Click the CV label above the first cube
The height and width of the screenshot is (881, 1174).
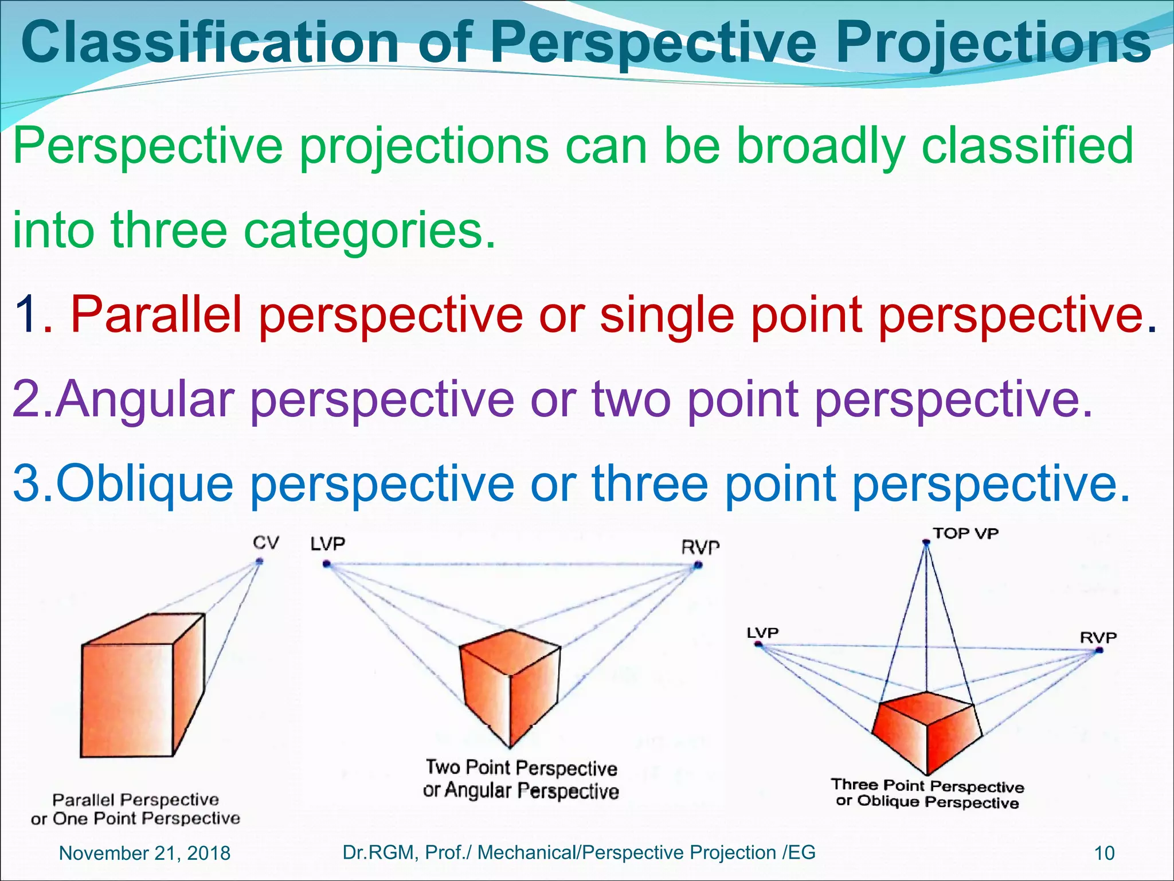[x=266, y=543]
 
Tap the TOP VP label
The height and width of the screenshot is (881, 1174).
[x=965, y=533]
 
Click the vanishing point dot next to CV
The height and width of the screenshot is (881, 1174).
[x=259, y=562]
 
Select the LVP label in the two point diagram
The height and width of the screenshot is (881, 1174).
[x=328, y=544]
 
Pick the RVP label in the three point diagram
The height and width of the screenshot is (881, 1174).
[x=1098, y=637]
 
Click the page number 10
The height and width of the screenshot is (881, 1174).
[x=1104, y=853]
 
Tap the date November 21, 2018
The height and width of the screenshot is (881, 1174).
[x=144, y=853]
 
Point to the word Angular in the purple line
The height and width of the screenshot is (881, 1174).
[x=146, y=399]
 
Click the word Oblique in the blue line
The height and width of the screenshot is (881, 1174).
[x=144, y=484]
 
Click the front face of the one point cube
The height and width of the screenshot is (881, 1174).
[x=127, y=700]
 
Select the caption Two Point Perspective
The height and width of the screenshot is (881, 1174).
[x=521, y=767]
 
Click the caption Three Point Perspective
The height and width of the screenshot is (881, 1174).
[x=928, y=785]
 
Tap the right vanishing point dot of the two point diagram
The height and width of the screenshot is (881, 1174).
[x=698, y=566]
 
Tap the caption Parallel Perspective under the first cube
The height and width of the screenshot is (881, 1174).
[x=135, y=800]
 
